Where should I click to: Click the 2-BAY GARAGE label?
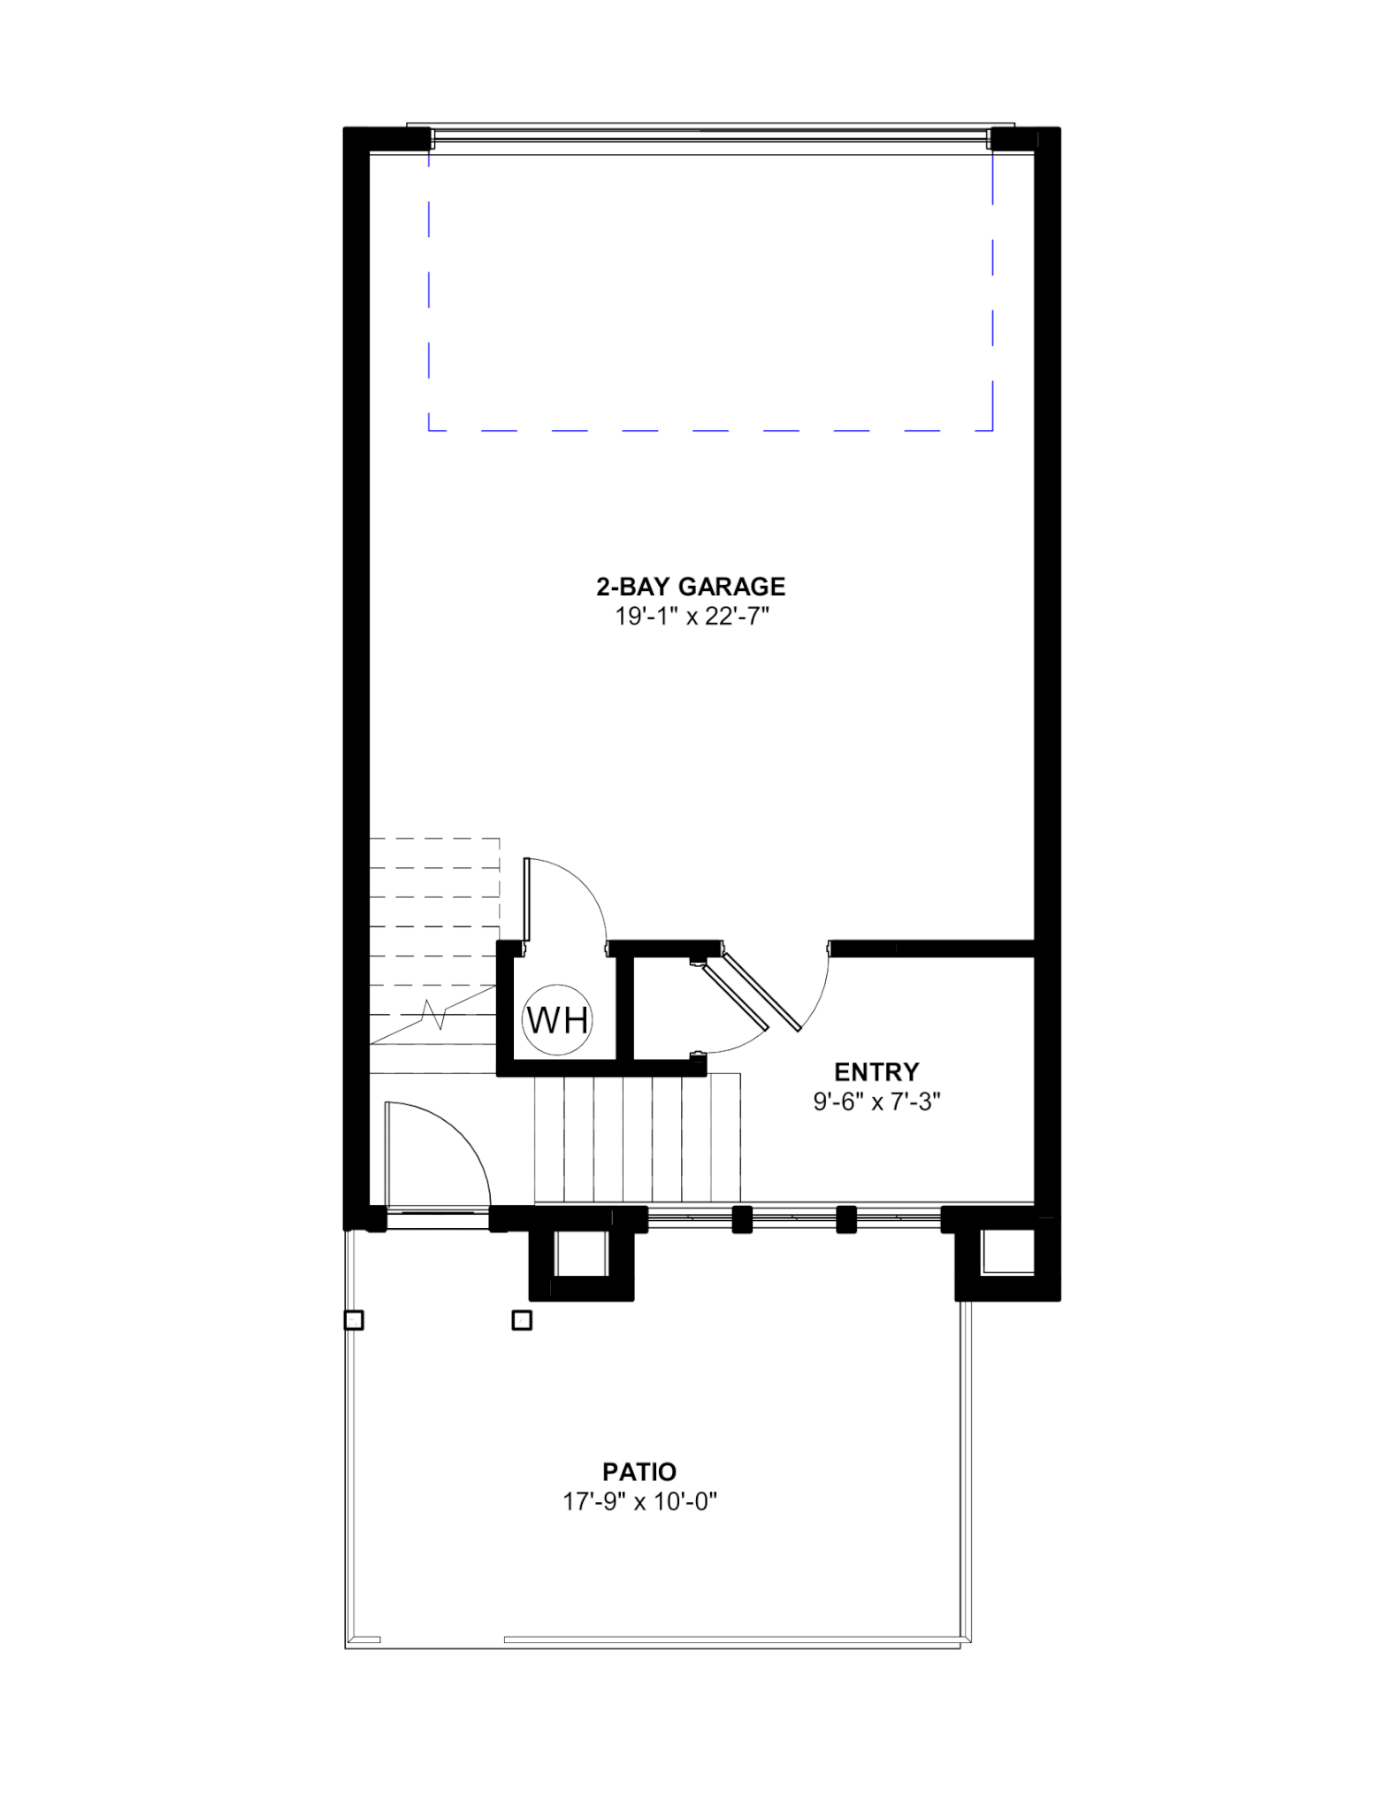pos(691,587)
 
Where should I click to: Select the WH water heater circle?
pos(557,1020)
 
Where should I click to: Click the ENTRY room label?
pos(876,1072)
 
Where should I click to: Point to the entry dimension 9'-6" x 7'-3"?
pos(876,1102)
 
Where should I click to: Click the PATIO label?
pos(639,1472)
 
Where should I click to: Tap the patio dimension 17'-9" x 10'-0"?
pos(639,1502)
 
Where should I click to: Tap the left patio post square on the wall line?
pos(354,1321)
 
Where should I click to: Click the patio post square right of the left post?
pos(522,1321)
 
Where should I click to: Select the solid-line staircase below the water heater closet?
pos(637,1140)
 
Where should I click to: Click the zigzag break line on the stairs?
pos(434,1014)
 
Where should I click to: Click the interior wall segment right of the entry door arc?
pos(931,948)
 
